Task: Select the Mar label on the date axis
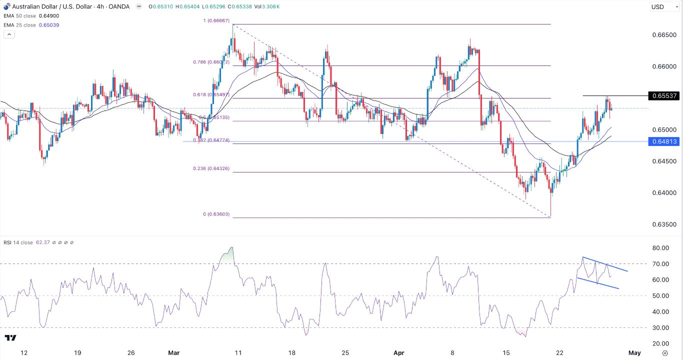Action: (173, 353)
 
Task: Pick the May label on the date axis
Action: (634, 353)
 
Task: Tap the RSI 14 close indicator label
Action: (19, 242)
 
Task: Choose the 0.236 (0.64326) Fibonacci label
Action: (211, 168)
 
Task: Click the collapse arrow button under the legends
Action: (8, 34)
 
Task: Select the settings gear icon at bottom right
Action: (664, 353)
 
